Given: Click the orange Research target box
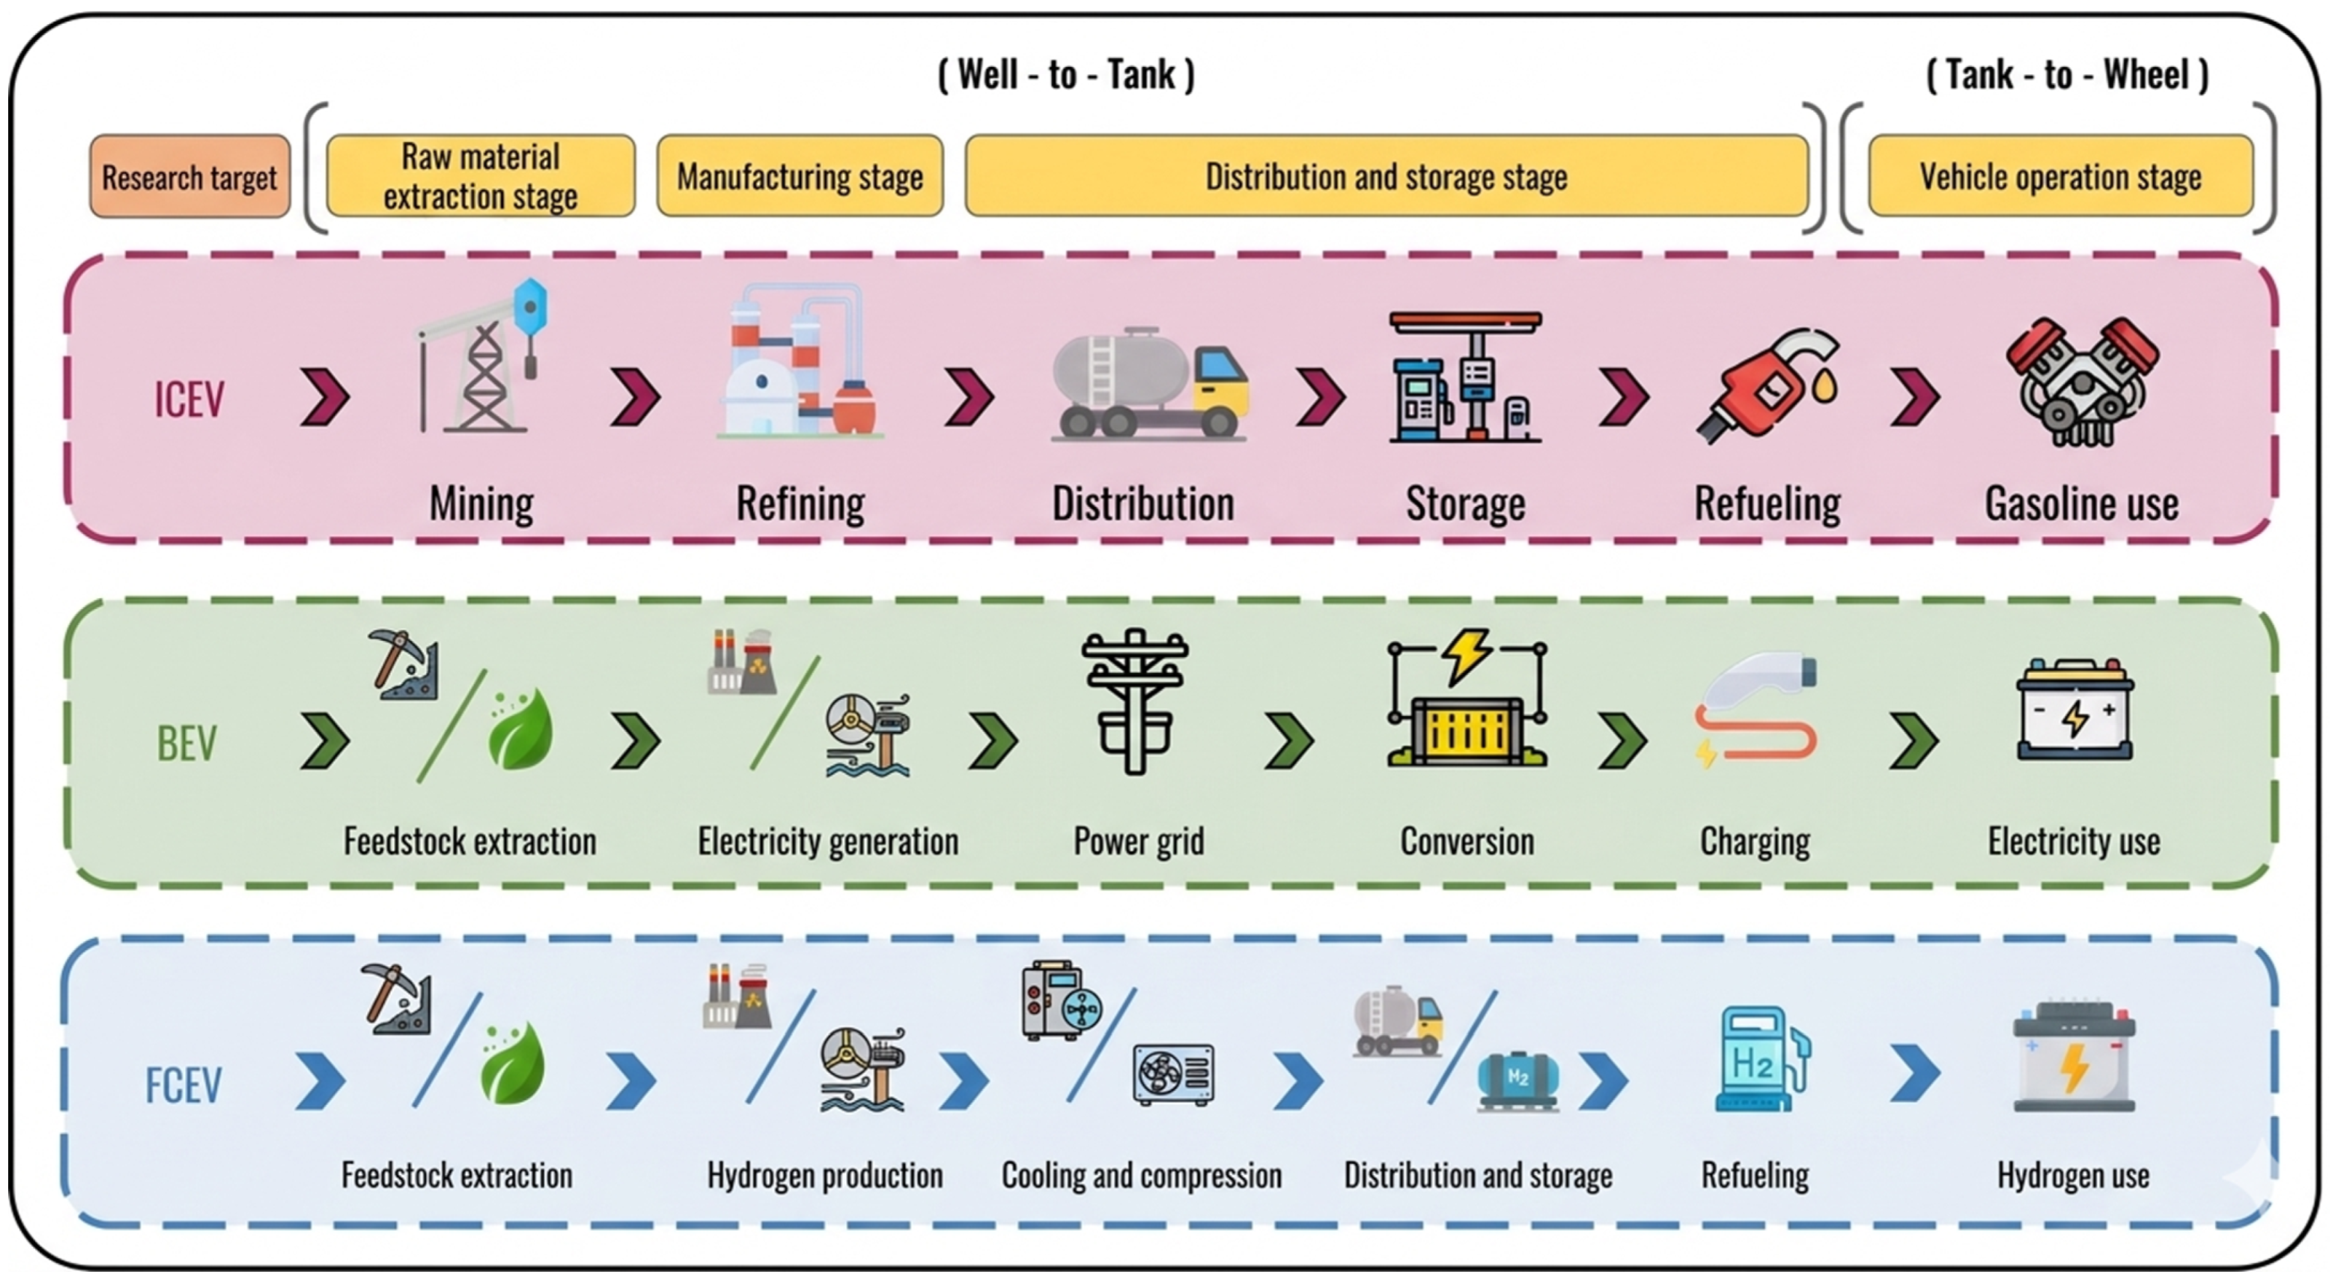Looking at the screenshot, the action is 190,176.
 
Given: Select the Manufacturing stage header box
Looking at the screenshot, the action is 800,176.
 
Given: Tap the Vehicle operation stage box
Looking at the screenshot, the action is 2061,176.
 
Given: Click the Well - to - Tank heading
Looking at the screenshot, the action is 1066,74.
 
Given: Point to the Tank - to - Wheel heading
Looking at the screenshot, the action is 2067,74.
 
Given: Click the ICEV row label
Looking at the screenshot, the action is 189,399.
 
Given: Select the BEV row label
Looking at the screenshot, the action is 188,743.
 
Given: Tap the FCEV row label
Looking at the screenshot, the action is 184,1085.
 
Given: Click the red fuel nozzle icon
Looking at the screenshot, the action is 1768,385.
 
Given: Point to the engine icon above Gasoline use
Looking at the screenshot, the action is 2082,382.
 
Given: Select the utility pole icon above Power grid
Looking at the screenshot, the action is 1135,702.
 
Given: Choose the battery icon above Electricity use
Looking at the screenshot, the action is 2075,709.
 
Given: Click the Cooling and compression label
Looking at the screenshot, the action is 1141,1176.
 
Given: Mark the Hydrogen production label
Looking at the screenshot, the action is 825,1176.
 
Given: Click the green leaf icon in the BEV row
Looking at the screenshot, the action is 520,728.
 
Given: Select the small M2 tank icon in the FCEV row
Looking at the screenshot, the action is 1519,1080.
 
